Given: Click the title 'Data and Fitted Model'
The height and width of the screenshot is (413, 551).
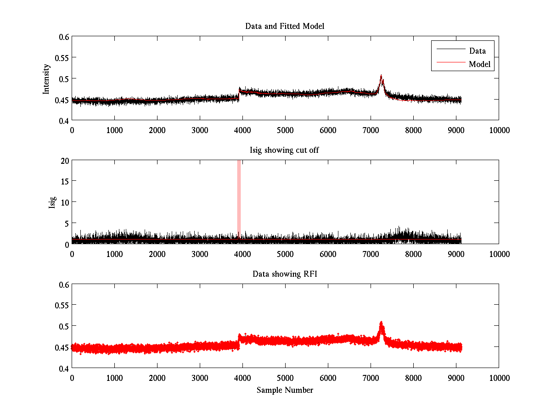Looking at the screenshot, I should coord(285,26).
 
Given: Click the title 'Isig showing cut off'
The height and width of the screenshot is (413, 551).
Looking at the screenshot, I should coord(285,150).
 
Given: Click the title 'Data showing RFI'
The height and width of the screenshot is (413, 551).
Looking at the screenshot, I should coord(285,274).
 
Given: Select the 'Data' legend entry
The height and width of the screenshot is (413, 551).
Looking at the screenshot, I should coord(478,51).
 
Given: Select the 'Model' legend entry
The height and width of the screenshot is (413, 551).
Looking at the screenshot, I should coord(480,64).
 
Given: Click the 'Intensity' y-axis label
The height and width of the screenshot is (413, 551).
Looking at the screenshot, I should coord(46,79).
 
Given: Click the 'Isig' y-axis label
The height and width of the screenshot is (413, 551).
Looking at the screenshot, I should coord(52,202).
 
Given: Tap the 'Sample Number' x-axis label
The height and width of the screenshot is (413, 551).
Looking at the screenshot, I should coord(285,390).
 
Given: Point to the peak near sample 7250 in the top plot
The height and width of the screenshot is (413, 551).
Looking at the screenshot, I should coord(381,77).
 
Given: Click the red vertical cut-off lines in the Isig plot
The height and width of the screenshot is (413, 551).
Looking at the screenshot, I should coord(239,197).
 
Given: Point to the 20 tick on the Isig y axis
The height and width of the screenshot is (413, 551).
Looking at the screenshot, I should coord(63,161).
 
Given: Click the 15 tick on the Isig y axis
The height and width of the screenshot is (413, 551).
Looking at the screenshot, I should coord(63,181).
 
